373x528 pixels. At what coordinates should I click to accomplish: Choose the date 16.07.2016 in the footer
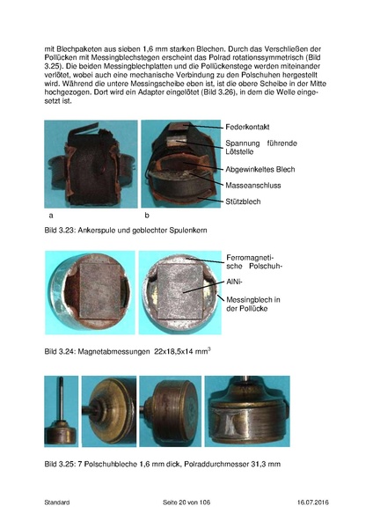pyautogui.click(x=308, y=502)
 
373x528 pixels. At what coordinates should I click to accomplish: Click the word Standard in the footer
pyautogui.click(x=57, y=502)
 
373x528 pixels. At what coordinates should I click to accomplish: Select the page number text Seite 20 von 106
pyautogui.click(x=186, y=502)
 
